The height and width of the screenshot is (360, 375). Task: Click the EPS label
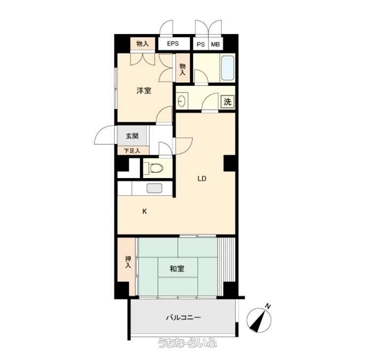coord(172,43)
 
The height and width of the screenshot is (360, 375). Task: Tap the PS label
coord(201,44)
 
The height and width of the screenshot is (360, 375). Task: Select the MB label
coord(215,44)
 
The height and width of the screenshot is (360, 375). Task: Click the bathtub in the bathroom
coord(228,68)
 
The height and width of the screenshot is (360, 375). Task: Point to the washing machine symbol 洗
coord(228,102)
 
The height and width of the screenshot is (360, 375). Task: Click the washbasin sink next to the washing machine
coord(182,101)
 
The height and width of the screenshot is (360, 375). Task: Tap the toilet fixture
coord(155,168)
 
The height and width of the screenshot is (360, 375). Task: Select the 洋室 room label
coord(144,91)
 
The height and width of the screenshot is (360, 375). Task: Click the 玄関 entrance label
coord(132,136)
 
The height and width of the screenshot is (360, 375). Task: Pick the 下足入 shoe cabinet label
coord(132,151)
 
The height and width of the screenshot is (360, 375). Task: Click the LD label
coord(202,179)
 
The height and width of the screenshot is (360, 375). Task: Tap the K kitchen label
coord(144,212)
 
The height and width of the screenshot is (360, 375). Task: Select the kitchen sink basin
coord(155,188)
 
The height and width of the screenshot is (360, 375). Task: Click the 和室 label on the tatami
coord(177,269)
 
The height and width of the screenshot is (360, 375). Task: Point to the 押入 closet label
coord(128,262)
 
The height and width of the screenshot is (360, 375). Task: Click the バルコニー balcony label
coord(183,318)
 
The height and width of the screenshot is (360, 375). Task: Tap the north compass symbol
coord(259,320)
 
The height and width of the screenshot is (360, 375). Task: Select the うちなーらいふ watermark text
coord(187,343)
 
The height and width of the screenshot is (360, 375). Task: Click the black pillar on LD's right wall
coord(230,163)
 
